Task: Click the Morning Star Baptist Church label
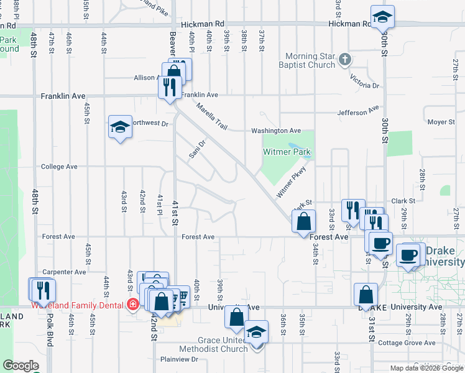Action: (x=310, y=60)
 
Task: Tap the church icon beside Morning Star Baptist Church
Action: (x=346, y=60)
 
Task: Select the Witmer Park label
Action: (x=286, y=152)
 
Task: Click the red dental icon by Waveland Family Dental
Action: (x=132, y=305)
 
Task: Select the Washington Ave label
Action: (x=276, y=131)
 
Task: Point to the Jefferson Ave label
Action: (x=358, y=112)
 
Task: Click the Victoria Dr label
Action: (x=364, y=81)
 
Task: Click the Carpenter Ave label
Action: (x=64, y=272)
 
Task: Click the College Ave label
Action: (x=59, y=167)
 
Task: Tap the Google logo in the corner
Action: (x=21, y=366)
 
